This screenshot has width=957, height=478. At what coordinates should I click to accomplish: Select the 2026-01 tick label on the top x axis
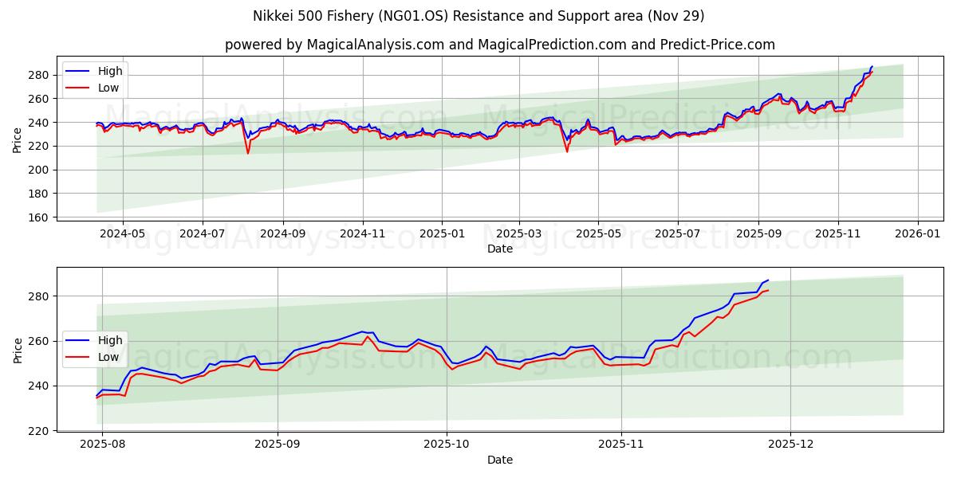coord(917,235)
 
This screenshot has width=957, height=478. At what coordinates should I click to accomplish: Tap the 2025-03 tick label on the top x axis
coord(519,235)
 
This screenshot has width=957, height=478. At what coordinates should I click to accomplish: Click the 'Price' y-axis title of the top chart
coord(18,140)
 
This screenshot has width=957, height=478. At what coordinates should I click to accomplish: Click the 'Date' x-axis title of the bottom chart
coord(500,460)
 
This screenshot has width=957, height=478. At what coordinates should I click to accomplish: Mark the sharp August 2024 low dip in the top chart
coord(248,152)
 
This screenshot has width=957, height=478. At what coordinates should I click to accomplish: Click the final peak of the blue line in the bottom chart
coord(767,280)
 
